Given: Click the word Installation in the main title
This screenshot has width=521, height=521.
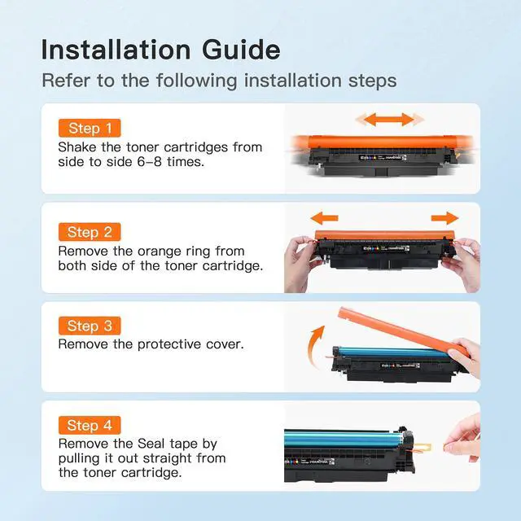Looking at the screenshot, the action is click(116, 50).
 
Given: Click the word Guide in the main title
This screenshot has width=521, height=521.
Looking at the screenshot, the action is click(241, 50).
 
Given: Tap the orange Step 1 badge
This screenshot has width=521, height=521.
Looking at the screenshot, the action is click(90, 128).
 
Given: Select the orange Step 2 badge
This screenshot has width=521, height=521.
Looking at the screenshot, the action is click(90, 232).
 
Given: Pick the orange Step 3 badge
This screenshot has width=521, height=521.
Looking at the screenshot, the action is click(90, 326).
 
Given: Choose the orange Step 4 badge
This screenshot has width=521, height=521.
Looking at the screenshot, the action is click(90, 425).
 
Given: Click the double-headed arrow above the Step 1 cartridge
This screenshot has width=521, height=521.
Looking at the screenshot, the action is click(389, 120).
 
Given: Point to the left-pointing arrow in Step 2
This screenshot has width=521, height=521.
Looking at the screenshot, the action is click(324, 218).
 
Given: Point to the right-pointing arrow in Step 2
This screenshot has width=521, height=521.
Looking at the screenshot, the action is click(445, 218).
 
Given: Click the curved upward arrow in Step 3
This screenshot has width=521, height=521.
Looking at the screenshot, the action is click(314, 345).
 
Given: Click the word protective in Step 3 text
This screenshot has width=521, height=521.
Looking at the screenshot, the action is click(169, 344).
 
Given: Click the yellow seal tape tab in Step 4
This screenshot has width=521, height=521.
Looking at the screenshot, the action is click(422, 448).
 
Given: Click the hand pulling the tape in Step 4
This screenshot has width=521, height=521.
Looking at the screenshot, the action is click(463, 438).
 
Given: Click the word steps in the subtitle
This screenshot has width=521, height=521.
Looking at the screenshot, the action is click(373, 81).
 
